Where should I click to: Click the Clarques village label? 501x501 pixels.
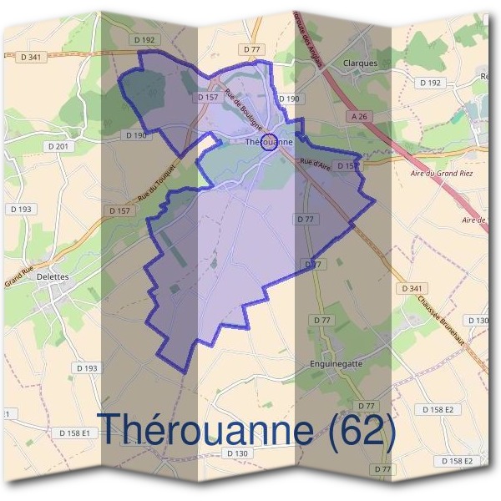360,63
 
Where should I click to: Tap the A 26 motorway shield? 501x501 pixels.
360,117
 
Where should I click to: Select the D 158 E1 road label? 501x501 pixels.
76,433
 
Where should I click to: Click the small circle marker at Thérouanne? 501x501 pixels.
269,141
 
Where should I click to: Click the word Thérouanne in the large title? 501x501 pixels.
205,430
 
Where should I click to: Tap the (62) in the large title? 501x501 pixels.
361,430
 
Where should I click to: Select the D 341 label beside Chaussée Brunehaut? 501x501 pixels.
411,288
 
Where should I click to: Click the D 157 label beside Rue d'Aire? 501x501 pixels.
349,166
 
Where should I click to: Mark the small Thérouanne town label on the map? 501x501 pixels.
269,143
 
